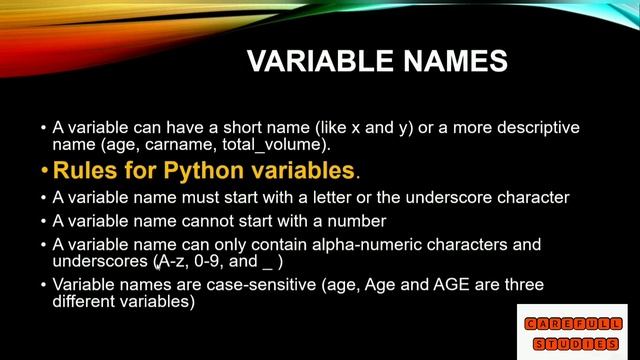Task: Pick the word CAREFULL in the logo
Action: pos(574,323)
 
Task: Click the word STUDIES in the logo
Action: pos(574,343)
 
